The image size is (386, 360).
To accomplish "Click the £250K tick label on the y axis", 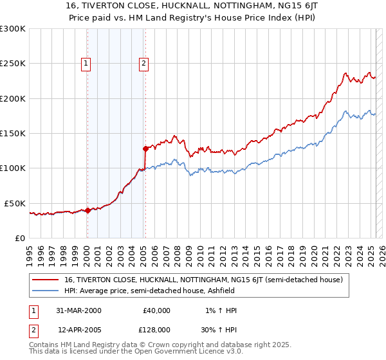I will [12, 64].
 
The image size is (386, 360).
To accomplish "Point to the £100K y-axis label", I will [12, 168].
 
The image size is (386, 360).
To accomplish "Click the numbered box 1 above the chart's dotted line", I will [86, 63].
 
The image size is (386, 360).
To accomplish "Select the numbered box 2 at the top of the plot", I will [143, 63].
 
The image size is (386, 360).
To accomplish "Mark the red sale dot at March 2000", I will [88, 210].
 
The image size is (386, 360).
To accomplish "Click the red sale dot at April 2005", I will [145, 148].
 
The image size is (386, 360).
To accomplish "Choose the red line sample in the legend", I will [46, 280].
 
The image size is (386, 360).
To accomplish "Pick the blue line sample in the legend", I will [46, 291].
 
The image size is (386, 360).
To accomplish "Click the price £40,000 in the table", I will [157, 310].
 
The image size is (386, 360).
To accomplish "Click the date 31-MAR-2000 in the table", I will [79, 310].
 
